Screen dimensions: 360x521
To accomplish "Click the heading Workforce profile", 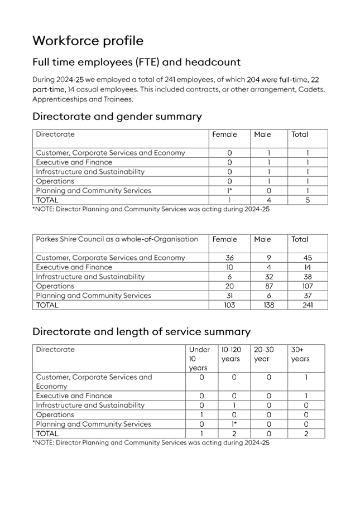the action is coord(88,41).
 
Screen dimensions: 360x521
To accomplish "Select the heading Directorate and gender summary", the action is coord(117,117).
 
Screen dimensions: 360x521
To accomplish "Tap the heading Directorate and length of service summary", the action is coord(141,332).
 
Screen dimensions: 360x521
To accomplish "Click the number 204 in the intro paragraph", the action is coord(253,80).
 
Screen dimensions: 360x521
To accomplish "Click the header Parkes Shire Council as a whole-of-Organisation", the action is coord(117,239).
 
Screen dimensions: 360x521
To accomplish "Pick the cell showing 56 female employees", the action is coord(229,258).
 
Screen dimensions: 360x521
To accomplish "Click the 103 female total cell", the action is coord(229,305).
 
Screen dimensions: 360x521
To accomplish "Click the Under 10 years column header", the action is coord(199,359).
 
